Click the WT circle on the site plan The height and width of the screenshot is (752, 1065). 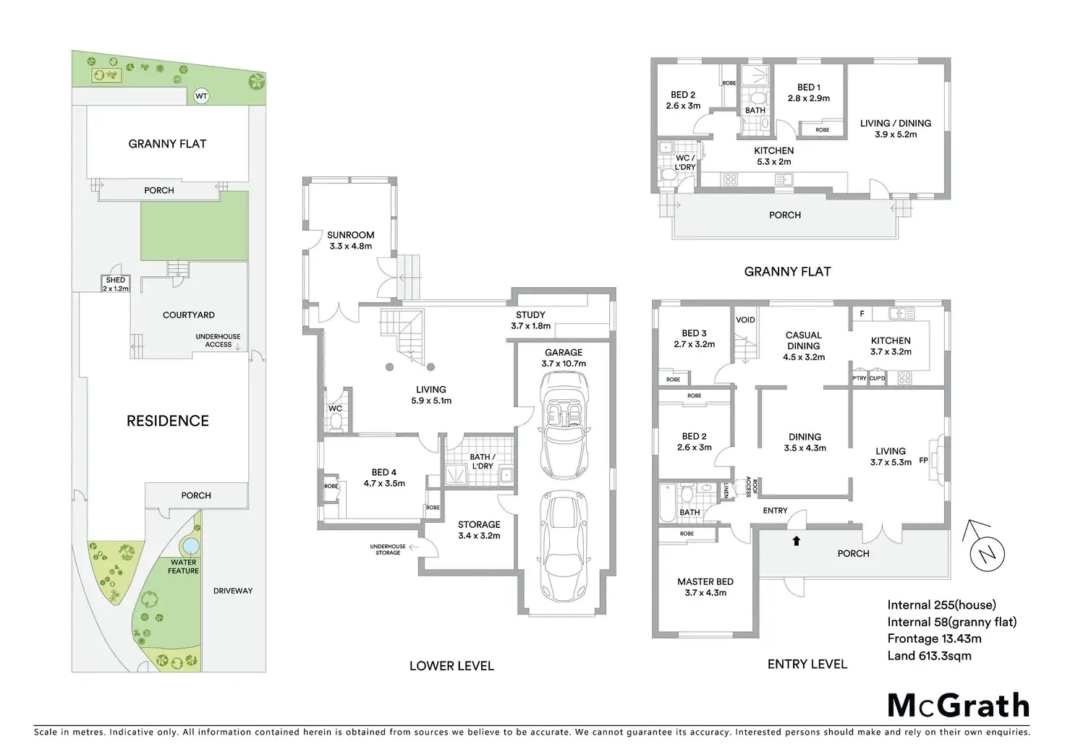pos(201,95)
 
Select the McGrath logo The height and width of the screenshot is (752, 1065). pos(958,705)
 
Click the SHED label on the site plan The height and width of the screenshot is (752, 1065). pos(116,281)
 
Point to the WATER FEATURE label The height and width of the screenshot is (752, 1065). pos(184,566)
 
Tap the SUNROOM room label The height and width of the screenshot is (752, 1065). pos(351,235)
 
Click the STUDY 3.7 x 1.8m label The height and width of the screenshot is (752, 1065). pos(530,320)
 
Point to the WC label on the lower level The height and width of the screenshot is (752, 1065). pos(336,409)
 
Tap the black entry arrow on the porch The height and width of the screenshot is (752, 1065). pos(797,540)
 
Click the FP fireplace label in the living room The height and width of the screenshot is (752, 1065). pos(923,460)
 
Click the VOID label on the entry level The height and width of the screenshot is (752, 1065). pos(745,320)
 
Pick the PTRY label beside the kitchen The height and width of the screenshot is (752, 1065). pos(859,378)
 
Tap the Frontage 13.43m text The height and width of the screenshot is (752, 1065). pos(934,638)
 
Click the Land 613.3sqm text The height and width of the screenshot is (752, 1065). pos(929,656)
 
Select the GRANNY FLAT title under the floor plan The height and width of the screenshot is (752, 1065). pos(787,272)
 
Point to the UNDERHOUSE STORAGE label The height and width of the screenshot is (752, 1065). pos(388,550)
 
